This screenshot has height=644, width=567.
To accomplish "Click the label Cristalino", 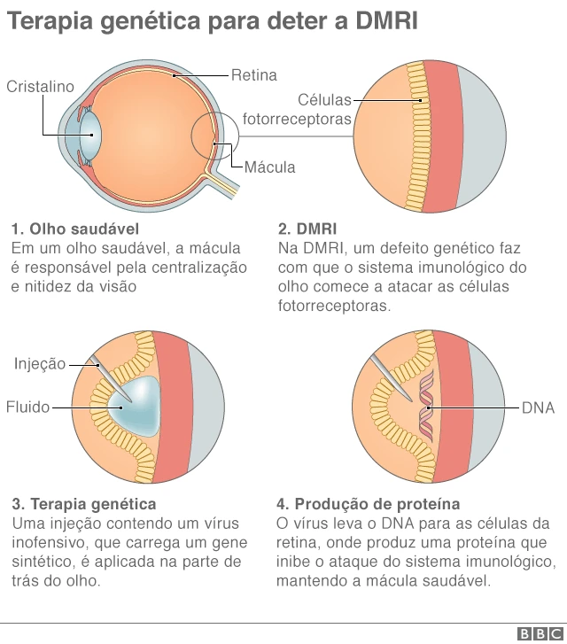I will [x=40, y=87].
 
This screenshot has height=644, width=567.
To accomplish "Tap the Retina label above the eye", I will [x=254, y=75].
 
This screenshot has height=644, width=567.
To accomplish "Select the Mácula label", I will [x=269, y=167].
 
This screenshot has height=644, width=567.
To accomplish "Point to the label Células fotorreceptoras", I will [x=299, y=110].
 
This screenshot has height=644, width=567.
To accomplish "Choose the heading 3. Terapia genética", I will [x=84, y=504].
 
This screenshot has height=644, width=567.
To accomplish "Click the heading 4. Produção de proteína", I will [x=368, y=504].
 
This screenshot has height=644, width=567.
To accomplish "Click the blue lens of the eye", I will [x=92, y=139].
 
